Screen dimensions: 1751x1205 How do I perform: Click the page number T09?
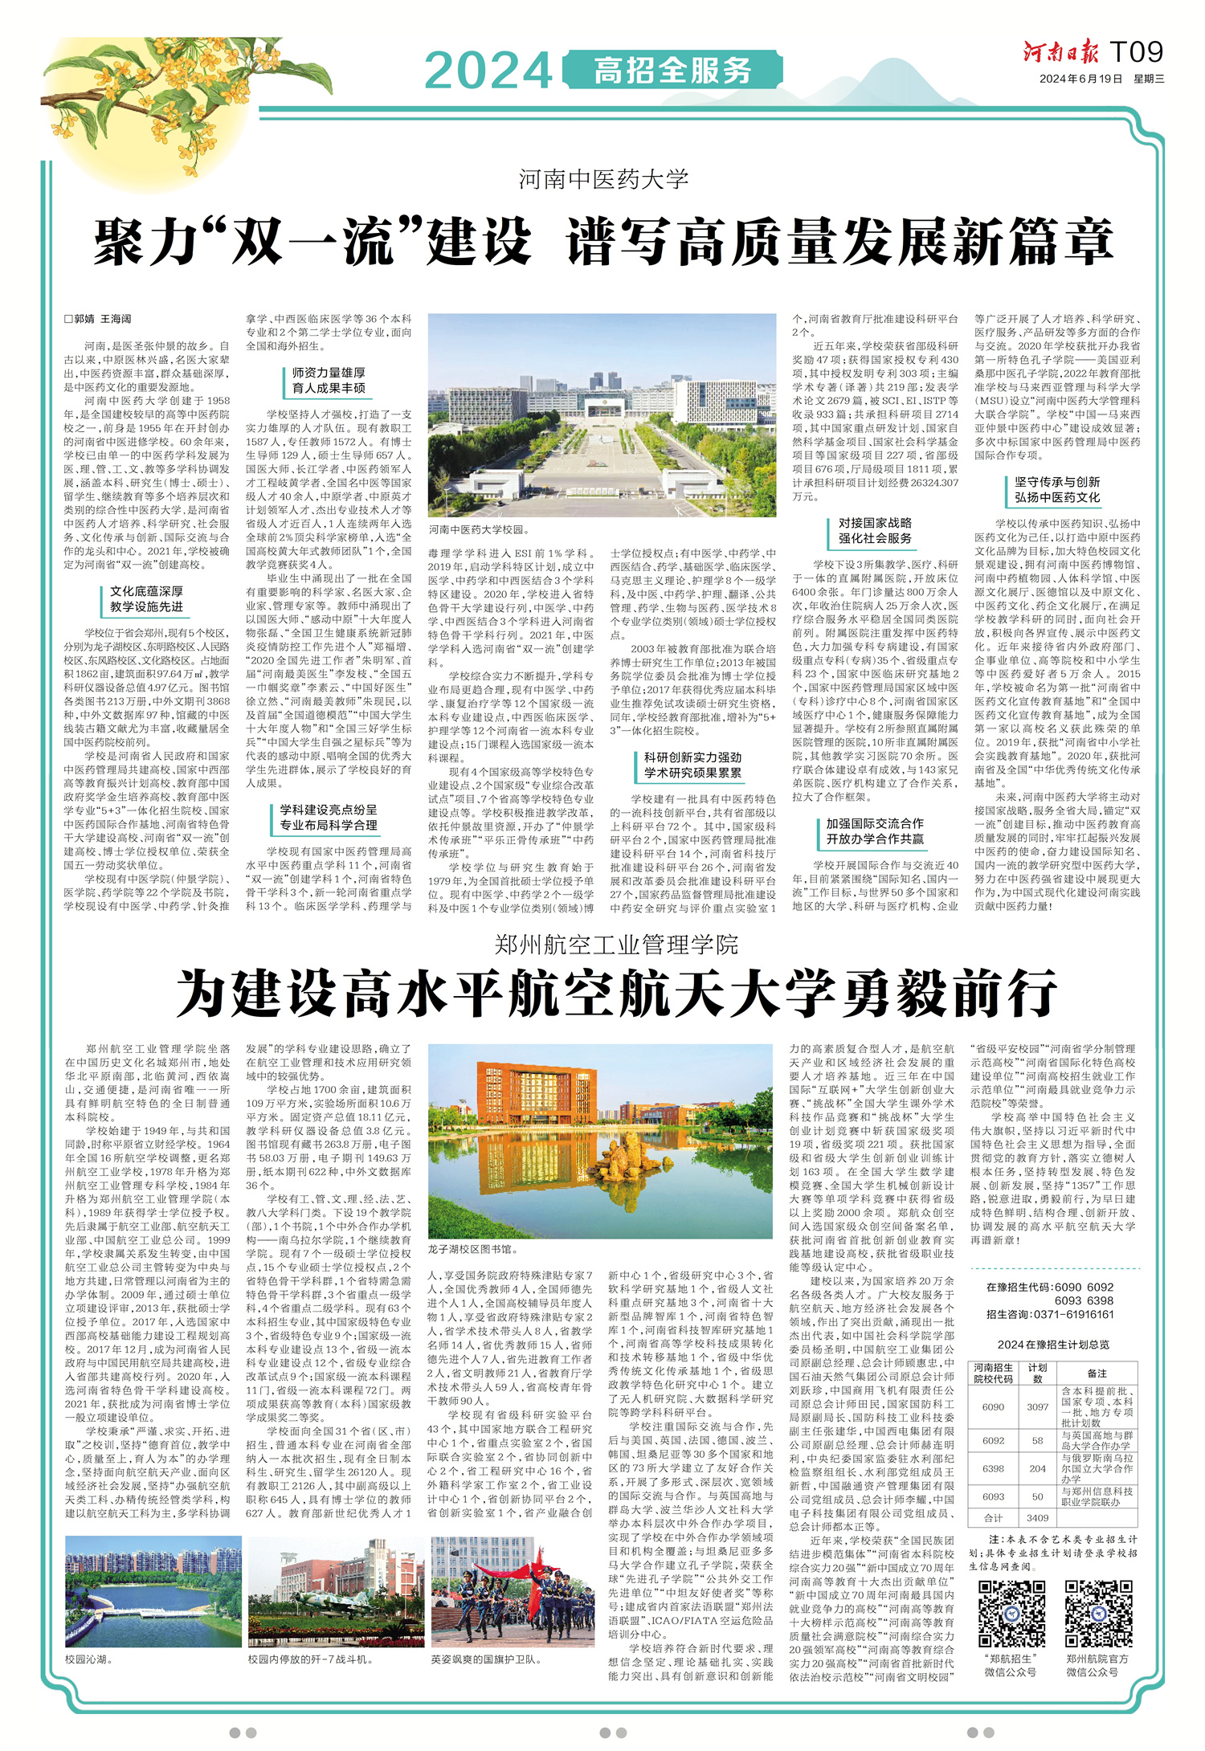[x=1136, y=52]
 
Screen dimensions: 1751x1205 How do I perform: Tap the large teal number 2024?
[x=488, y=71]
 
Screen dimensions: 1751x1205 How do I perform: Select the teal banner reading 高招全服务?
[x=672, y=71]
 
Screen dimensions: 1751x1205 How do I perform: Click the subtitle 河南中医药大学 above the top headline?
[x=603, y=178]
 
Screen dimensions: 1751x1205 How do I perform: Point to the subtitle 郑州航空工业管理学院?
[x=616, y=945]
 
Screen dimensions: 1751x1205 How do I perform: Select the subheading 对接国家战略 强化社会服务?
[x=875, y=530]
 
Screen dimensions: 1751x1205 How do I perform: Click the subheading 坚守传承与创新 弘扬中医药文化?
[x=1056, y=489]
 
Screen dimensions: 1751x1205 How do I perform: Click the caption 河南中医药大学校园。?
[x=480, y=530]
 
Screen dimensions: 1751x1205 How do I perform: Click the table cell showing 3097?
[x=1037, y=1406]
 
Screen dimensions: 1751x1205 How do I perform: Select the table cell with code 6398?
[x=993, y=1468]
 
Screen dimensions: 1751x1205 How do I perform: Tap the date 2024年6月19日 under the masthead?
[x=1080, y=79]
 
